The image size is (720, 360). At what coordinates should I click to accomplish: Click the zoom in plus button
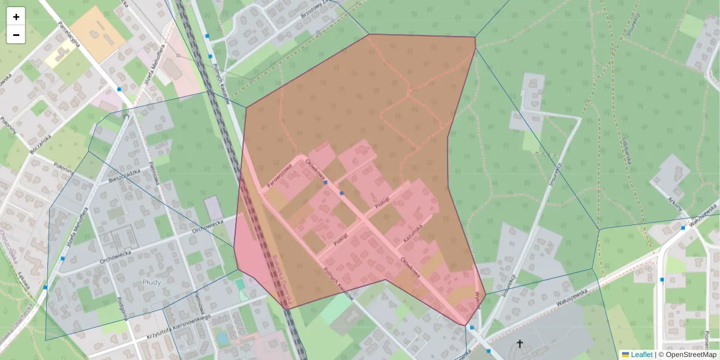click(16, 17)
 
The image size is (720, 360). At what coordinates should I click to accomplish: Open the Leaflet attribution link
click(641, 355)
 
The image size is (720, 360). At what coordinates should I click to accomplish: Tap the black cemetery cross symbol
click(520, 344)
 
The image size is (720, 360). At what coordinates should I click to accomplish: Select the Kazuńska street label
click(413, 233)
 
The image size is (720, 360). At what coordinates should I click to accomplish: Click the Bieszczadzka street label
click(124, 175)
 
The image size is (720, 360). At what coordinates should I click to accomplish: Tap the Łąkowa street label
click(23, 280)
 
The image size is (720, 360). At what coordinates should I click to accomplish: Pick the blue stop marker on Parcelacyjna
click(119, 89)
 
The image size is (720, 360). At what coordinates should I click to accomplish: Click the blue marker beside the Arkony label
click(683, 228)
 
